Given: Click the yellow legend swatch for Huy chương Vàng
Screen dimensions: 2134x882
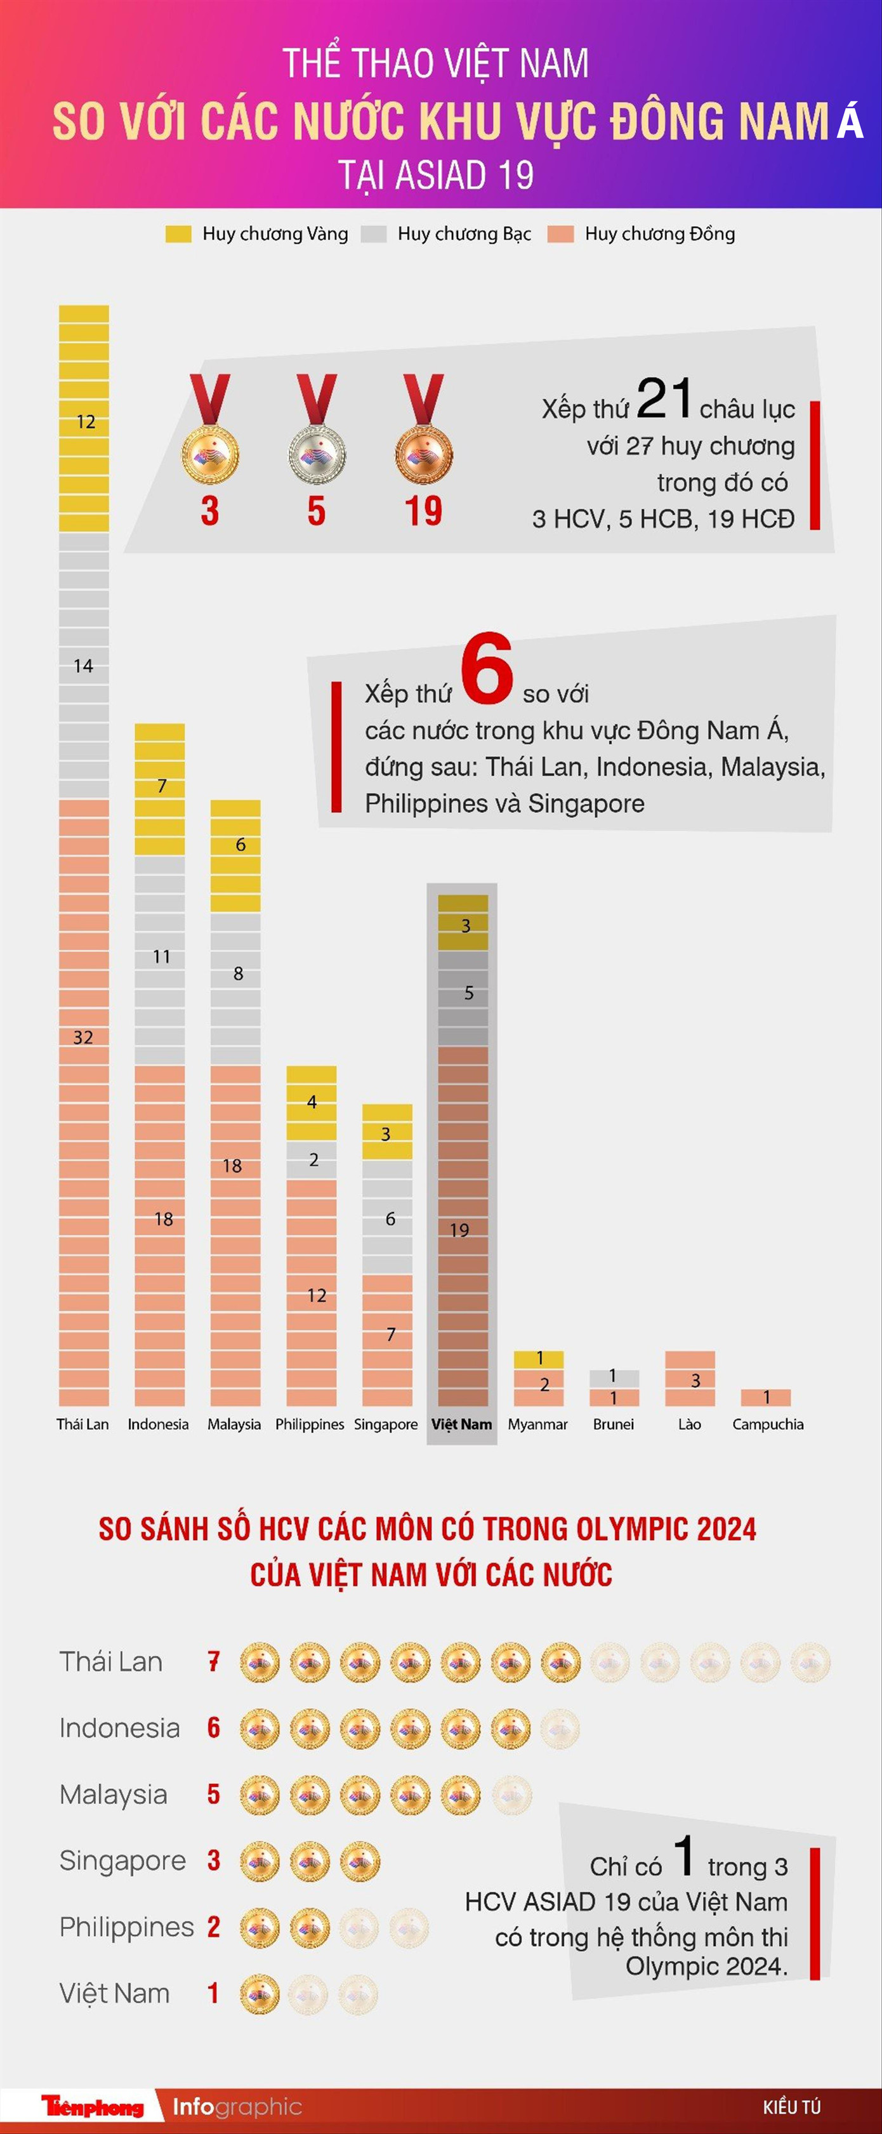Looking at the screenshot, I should tap(178, 234).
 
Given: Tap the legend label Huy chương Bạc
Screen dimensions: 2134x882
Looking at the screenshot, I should tap(464, 234).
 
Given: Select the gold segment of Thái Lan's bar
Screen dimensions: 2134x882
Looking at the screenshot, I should tap(84, 418).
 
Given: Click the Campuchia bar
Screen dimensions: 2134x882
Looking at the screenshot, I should tap(766, 1397).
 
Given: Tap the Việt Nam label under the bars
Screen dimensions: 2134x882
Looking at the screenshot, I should tap(461, 1424).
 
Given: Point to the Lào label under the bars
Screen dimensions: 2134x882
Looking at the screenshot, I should tap(689, 1424).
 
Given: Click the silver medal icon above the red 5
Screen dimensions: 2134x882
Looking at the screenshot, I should tap(317, 454).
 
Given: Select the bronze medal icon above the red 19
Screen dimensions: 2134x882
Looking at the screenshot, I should tap(423, 454).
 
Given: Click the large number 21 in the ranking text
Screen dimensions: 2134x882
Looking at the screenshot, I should tap(664, 398).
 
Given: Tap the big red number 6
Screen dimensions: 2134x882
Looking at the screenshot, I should tap(487, 669).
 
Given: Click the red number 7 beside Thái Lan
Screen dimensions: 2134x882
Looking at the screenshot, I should tap(214, 1661).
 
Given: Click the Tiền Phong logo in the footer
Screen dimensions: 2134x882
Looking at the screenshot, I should tap(93, 2106).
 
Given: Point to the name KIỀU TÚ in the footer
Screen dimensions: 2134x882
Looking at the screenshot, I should tap(791, 2107).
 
